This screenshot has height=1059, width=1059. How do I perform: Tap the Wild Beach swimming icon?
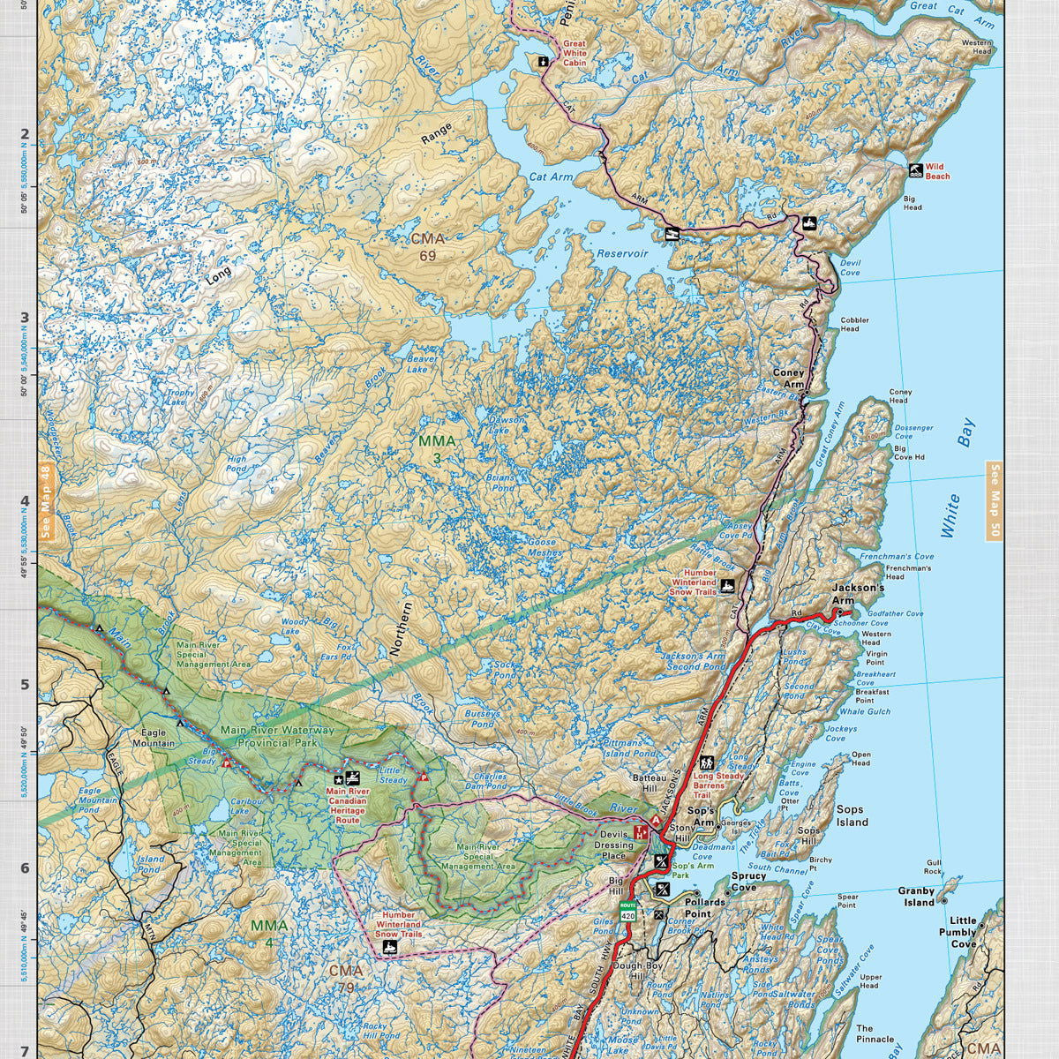[916, 170]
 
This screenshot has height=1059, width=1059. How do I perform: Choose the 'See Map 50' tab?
[995, 503]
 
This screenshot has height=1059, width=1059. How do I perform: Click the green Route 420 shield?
[627, 913]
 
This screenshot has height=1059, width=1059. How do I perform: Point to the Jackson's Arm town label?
[857, 594]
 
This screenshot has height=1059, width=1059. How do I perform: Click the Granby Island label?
[916, 897]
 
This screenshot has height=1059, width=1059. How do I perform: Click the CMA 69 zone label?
[428, 247]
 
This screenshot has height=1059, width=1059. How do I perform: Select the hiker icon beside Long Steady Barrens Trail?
[707, 763]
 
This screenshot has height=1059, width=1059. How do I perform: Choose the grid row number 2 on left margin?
[26, 134]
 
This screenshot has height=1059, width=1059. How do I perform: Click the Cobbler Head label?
[854, 324]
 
